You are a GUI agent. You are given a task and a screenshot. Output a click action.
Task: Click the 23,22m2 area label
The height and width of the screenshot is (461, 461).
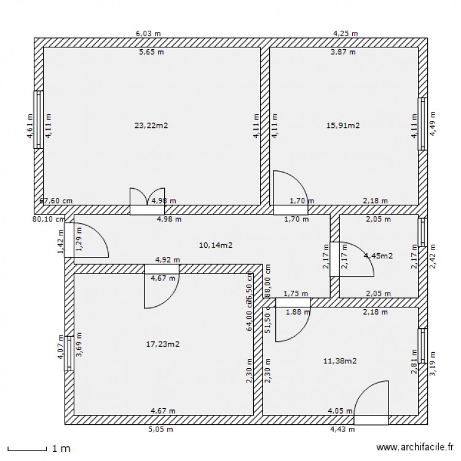click(x=151, y=125)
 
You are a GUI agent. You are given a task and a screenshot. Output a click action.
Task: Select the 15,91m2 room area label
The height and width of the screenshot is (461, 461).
click(x=343, y=125)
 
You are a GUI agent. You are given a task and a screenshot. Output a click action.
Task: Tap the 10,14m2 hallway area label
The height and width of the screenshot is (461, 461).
click(x=215, y=245)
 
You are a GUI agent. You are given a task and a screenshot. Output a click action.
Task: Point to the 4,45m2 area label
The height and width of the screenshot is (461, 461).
click(x=378, y=256)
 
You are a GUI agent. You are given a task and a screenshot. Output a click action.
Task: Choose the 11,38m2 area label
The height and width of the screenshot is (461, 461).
click(x=340, y=361)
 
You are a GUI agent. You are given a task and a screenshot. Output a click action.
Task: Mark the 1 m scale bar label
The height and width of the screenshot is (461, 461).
click(x=61, y=449)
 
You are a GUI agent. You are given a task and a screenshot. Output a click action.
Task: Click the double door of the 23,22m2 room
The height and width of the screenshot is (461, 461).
click(x=148, y=201)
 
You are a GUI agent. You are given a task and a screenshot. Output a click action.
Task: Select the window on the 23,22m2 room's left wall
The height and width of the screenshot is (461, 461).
click(x=38, y=120)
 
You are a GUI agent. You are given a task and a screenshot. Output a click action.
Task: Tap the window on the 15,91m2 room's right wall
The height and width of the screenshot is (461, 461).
click(x=422, y=124)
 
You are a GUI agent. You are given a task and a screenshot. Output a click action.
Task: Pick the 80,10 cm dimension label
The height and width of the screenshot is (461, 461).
click(x=49, y=218)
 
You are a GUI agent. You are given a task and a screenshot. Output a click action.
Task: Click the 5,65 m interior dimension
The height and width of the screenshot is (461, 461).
click(x=151, y=52)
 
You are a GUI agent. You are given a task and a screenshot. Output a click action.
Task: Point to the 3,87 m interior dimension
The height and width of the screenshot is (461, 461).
click(x=343, y=52)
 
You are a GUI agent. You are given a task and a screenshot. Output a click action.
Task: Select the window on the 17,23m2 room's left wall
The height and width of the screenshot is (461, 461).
click(x=69, y=353)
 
